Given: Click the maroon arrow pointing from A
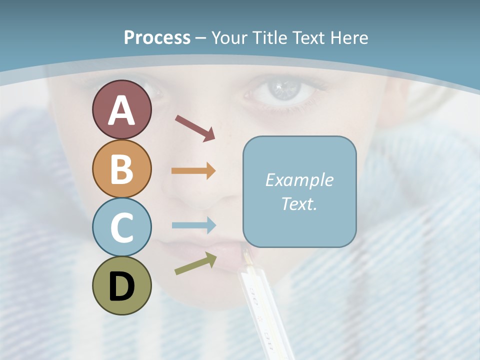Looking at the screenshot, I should pyautogui.click(x=195, y=127).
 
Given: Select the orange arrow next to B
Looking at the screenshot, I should pyautogui.click(x=193, y=171).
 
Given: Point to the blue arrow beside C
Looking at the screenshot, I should pyautogui.click(x=193, y=225).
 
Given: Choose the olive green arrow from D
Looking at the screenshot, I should pyautogui.click(x=195, y=263).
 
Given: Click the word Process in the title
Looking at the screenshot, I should pyautogui.click(x=157, y=37).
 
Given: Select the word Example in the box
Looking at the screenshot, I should pyautogui.click(x=299, y=180).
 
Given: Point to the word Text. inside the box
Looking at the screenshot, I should pyautogui.click(x=299, y=203).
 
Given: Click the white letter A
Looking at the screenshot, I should pyautogui.click(x=121, y=111).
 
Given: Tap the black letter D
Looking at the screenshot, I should pyautogui.click(x=121, y=287).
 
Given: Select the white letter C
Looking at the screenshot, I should pyautogui.click(x=121, y=227).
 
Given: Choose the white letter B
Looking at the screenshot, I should pyautogui.click(x=121, y=169).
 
